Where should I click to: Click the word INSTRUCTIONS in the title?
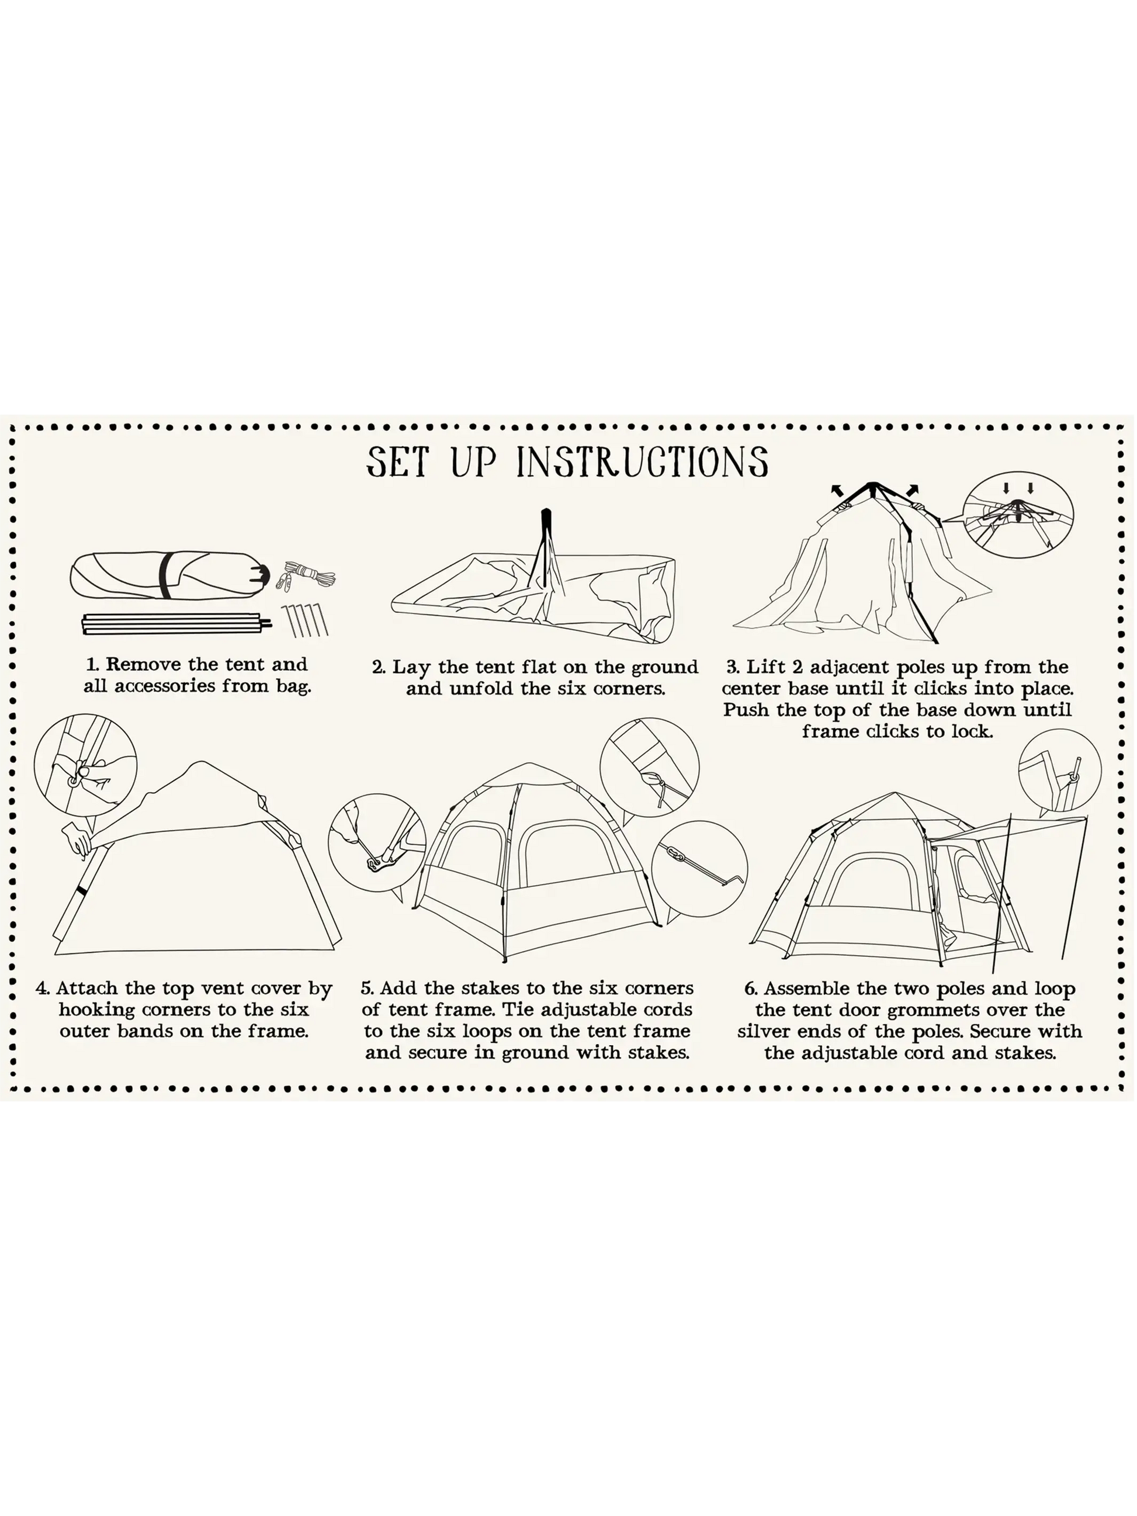[x=642, y=462]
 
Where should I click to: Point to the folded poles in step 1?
[x=176, y=624]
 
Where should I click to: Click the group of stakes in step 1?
[x=305, y=620]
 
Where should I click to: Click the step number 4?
[x=43, y=988]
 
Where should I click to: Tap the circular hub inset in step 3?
[x=1018, y=515]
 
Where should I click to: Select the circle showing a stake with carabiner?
[x=699, y=869]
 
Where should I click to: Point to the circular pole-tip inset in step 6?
[x=1059, y=771]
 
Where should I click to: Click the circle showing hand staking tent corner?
[x=377, y=842]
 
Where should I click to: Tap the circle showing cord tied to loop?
[x=649, y=767]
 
